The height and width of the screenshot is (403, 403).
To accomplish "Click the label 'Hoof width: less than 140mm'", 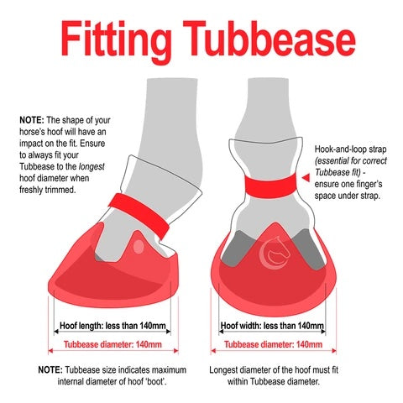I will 271,327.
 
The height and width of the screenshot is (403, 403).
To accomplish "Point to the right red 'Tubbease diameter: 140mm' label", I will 271,344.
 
